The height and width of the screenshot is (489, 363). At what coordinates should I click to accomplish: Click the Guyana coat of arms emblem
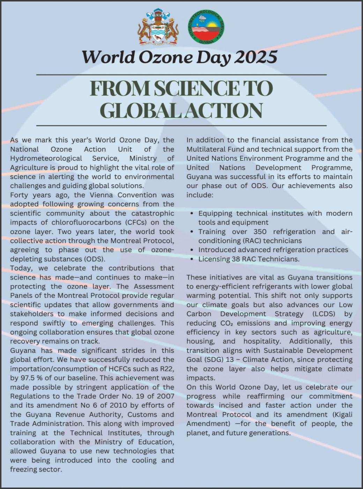158,28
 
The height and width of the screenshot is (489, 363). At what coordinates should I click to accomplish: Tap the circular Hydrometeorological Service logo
206,27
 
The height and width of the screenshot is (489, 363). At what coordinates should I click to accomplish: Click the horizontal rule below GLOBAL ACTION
181,125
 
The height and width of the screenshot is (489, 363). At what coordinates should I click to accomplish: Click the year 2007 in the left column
165,396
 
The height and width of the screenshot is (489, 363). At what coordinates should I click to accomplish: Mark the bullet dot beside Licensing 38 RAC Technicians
192,259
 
